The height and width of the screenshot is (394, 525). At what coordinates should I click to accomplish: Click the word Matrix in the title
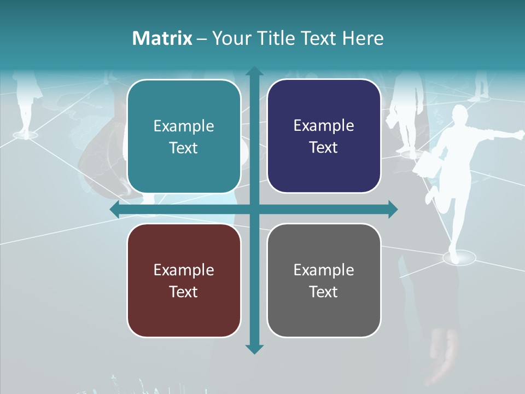click(x=162, y=38)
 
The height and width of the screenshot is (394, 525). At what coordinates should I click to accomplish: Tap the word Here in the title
click(x=363, y=38)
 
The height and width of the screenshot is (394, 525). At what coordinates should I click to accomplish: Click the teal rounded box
click(x=184, y=136)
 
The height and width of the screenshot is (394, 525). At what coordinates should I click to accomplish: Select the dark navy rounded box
click(x=324, y=136)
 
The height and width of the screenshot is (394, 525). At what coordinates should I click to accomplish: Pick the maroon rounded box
click(x=184, y=280)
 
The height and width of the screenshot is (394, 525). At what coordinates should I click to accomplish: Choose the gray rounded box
click(x=324, y=280)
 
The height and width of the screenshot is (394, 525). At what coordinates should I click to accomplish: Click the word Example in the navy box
click(x=324, y=125)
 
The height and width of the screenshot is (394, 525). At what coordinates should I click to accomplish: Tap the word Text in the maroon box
click(x=183, y=292)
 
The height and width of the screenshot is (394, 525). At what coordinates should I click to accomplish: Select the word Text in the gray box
click(x=324, y=292)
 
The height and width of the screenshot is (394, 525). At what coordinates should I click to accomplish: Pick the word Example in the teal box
click(x=184, y=126)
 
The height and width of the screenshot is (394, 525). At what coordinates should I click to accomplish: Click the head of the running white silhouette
click(x=459, y=115)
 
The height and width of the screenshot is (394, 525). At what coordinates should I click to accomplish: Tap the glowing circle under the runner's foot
click(x=458, y=257)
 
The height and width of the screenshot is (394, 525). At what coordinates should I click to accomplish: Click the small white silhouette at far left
click(x=25, y=104)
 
